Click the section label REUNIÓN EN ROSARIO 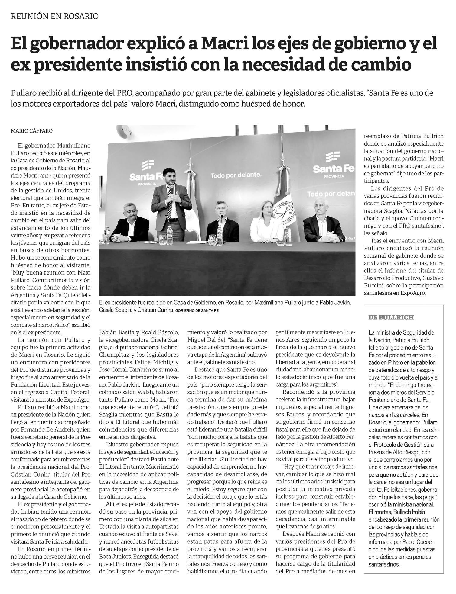click(55, 16)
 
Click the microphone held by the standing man click(171, 189)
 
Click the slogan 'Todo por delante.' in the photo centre click(236, 175)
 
